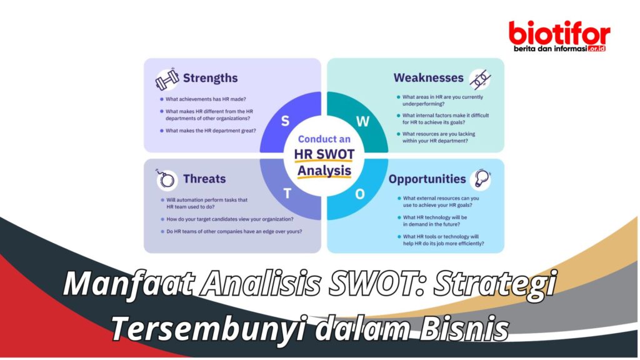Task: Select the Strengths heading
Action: (x=210, y=78)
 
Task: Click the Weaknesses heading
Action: (x=428, y=78)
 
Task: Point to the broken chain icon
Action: (x=480, y=78)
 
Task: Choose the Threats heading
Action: (x=204, y=179)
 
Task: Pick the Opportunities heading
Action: (x=427, y=179)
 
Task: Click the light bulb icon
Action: (x=481, y=178)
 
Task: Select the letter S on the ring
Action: (x=285, y=121)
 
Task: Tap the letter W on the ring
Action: (x=363, y=121)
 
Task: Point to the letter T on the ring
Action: (x=287, y=193)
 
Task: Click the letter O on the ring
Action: (x=360, y=194)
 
